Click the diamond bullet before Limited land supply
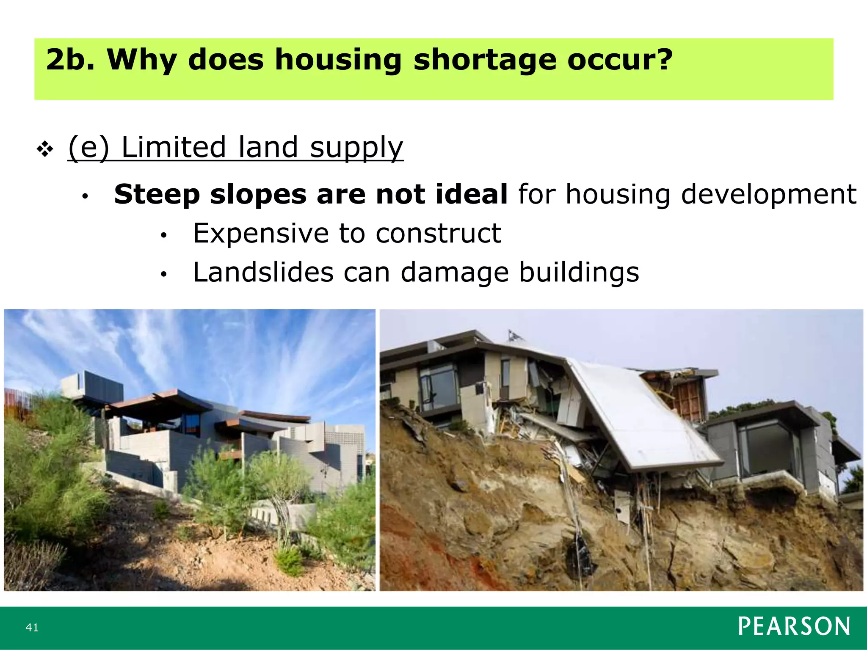click(45, 149)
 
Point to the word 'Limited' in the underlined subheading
click(174, 147)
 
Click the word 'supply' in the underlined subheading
click(356, 148)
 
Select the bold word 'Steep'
click(157, 195)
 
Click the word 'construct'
click(438, 233)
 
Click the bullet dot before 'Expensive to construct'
click(164, 236)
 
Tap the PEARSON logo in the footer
click(794, 627)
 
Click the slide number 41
click(32, 628)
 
